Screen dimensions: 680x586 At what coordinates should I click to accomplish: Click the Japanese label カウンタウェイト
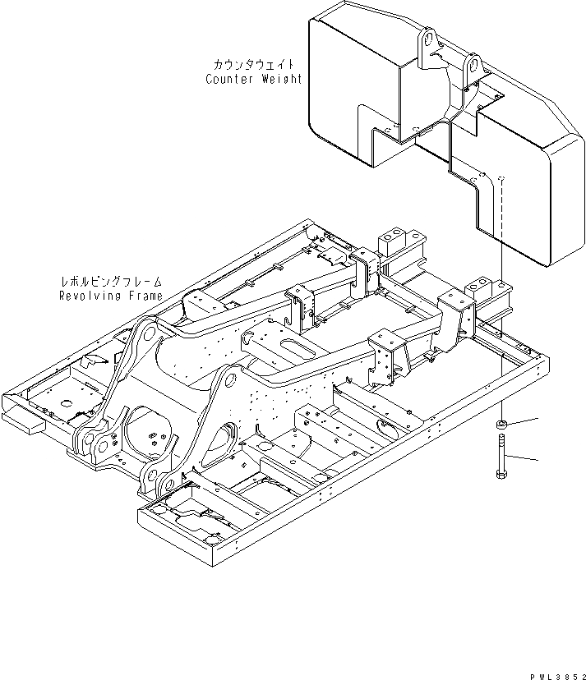tap(253, 65)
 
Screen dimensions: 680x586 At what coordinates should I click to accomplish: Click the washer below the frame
tap(501, 425)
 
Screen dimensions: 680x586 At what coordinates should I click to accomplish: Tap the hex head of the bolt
tap(501, 473)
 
